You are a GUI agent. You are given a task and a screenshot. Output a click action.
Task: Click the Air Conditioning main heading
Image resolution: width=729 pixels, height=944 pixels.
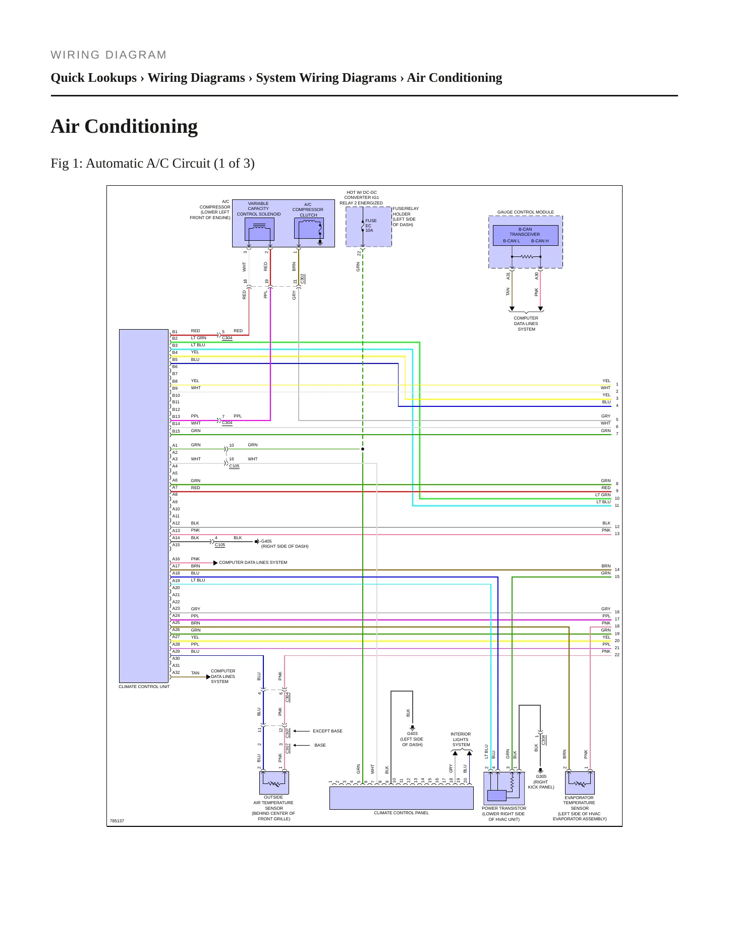124,126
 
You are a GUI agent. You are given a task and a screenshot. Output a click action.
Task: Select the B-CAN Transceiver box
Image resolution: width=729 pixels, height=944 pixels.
525,235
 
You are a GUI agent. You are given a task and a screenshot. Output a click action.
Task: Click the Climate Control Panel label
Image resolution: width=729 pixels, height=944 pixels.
401,813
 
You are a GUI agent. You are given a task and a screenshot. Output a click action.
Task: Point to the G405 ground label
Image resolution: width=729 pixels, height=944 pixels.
266,541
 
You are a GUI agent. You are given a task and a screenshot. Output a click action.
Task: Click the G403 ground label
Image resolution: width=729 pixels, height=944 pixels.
412,733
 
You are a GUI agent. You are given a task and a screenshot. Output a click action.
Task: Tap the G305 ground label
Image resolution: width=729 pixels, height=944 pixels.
541,776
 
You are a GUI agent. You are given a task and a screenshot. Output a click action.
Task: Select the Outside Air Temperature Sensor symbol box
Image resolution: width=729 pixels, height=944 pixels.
274,783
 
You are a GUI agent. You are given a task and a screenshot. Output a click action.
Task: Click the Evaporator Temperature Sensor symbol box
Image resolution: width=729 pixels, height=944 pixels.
580,783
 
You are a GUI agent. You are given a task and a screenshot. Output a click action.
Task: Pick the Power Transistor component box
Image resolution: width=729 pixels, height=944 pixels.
504,788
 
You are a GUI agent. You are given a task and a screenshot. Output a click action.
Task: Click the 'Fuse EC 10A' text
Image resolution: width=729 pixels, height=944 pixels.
371,226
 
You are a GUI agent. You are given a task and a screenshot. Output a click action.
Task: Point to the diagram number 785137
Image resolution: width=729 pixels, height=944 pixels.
117,821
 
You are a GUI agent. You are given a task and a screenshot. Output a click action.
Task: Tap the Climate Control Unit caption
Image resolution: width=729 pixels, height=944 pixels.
144,687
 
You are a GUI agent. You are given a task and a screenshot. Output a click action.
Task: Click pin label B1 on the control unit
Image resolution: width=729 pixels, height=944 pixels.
175,332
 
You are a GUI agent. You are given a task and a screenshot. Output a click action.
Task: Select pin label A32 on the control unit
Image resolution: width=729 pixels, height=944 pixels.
176,672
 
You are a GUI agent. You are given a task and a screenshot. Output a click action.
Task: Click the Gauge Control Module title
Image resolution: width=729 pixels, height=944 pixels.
525,212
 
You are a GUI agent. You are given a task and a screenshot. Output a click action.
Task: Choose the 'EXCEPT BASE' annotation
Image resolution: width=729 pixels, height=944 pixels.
327,731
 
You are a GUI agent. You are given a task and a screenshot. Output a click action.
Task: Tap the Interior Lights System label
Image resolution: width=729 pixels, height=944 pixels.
461,740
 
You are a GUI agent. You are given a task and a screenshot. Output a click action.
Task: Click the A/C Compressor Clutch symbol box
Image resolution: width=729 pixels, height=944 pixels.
309,229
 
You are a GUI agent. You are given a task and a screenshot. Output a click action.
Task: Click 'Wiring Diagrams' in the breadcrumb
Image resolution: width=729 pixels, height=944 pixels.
196,78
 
